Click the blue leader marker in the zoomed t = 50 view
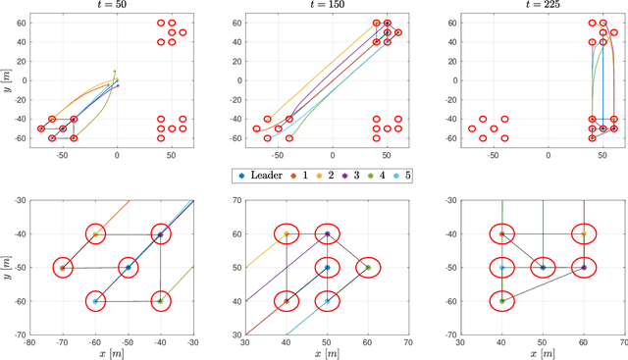pos(128,267)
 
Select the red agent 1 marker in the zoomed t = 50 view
pos(63,267)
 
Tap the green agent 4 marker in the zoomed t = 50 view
pos(160,300)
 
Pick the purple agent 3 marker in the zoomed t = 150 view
pos(327,234)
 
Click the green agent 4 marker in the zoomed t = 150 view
pos(368,267)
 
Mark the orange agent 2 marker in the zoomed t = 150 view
pos(287,234)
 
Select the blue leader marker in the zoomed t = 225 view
pos(543,267)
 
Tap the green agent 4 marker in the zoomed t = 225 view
pos(501,300)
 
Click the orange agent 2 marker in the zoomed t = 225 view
pos(584,234)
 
